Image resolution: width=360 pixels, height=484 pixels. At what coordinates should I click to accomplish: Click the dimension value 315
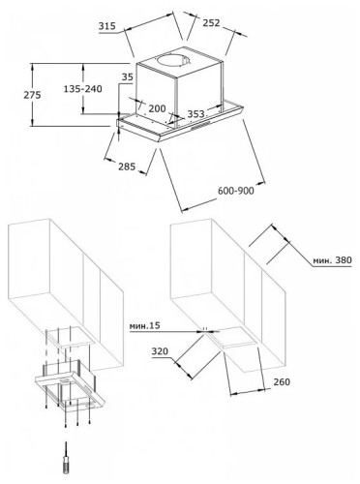[107, 26]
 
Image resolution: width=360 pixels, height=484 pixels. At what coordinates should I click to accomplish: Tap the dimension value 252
[211, 23]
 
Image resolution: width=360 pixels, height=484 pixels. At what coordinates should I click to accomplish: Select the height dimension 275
[32, 95]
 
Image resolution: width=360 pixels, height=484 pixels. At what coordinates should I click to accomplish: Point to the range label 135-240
[82, 88]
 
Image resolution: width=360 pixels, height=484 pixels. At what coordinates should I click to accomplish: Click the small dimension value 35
[128, 77]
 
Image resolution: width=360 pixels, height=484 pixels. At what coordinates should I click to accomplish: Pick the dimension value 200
[157, 108]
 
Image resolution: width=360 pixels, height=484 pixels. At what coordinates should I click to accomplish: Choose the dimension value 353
[195, 114]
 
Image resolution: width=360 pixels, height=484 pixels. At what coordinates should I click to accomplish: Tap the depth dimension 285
[127, 166]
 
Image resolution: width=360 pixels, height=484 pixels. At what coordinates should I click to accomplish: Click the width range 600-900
[236, 191]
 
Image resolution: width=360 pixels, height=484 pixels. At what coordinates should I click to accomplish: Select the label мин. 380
[332, 259]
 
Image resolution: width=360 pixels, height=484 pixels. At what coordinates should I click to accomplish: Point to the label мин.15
[145, 326]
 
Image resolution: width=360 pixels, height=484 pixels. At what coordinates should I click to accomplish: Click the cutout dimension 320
[160, 351]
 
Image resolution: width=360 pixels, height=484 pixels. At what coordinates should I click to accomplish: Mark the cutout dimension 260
[282, 381]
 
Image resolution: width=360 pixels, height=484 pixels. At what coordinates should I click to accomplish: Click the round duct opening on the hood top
[173, 61]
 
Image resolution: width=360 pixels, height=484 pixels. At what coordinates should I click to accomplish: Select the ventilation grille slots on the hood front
[200, 126]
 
